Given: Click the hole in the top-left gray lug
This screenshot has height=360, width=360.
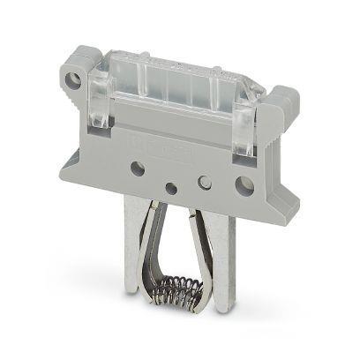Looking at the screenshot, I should coord(74,81).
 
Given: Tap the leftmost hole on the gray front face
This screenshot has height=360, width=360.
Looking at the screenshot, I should coord(137,168).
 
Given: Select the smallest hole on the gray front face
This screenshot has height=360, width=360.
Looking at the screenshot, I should coord(170,187).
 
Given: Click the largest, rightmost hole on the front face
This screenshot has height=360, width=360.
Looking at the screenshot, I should coord(244,185).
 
